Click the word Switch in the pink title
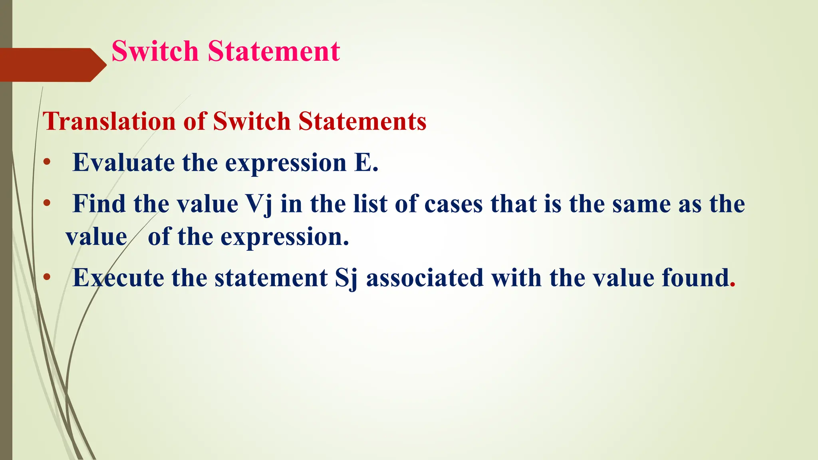155,52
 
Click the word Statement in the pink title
274,52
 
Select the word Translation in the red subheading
109,121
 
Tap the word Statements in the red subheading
362,121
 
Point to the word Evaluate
123,163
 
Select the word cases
453,204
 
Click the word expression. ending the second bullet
285,237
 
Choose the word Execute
118,278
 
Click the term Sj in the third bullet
346,278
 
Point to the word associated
425,278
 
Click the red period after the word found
732,285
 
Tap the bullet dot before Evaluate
47,163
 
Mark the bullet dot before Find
47,204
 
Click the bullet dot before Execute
47,278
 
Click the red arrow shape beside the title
52,65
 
